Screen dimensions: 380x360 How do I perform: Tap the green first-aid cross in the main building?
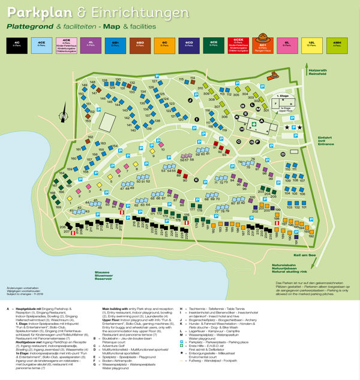254,124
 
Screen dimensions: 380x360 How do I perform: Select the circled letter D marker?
282,153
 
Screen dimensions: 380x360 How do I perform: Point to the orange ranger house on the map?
274,76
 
